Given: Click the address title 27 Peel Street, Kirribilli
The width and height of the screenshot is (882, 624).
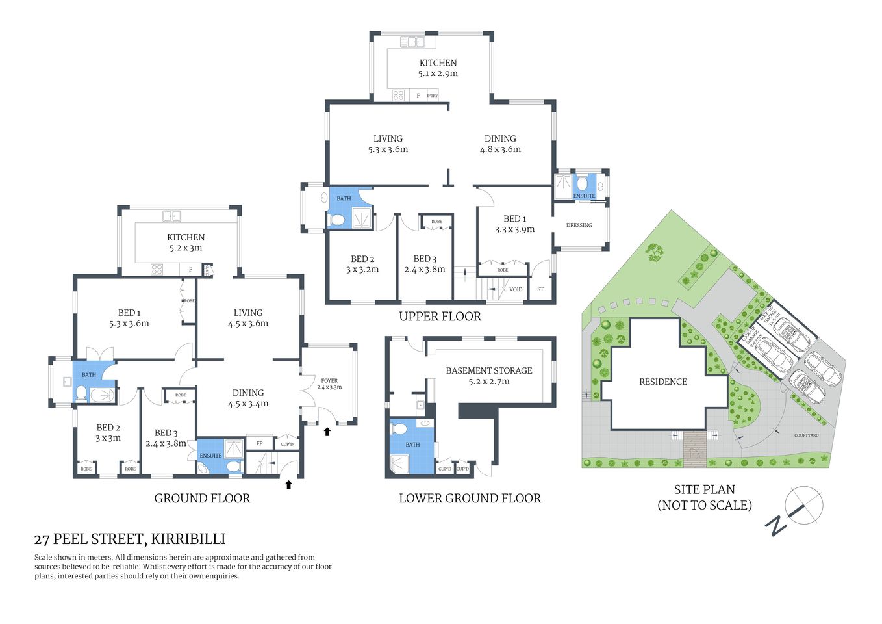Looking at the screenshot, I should click(x=130, y=539).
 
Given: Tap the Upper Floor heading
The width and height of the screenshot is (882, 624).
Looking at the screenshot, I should click(x=440, y=317).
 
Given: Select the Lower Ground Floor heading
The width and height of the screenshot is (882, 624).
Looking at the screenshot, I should click(x=470, y=499).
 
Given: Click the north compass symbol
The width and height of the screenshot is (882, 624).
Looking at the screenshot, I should click(x=803, y=506).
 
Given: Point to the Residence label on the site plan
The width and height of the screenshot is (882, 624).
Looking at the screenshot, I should click(x=662, y=382).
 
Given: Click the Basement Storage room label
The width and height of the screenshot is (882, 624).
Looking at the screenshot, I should click(x=488, y=370).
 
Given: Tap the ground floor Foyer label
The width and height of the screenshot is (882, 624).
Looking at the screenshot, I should click(x=329, y=381).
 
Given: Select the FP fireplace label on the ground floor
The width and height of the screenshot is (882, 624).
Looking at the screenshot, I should click(x=260, y=443).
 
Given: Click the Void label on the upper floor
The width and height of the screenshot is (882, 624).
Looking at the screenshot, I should click(x=516, y=289).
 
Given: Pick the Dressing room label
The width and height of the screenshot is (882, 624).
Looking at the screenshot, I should click(x=579, y=225).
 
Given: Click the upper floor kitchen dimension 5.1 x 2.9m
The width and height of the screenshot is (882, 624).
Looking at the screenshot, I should click(x=438, y=73).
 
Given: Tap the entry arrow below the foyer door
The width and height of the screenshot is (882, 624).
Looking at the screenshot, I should click(x=327, y=431).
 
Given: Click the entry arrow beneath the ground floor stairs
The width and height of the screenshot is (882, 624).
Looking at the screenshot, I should click(x=288, y=484).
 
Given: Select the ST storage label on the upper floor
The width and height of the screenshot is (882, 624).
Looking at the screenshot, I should click(x=540, y=289).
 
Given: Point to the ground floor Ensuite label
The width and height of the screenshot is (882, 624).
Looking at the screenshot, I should click(x=210, y=456).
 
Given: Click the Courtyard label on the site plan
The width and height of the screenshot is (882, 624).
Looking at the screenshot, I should click(x=806, y=435).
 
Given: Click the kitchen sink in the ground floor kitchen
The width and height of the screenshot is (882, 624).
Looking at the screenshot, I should click(x=172, y=216).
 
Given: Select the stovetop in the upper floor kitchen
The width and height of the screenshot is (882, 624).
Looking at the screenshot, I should click(x=398, y=96).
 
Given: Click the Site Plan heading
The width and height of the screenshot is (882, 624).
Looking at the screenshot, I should click(x=704, y=490).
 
